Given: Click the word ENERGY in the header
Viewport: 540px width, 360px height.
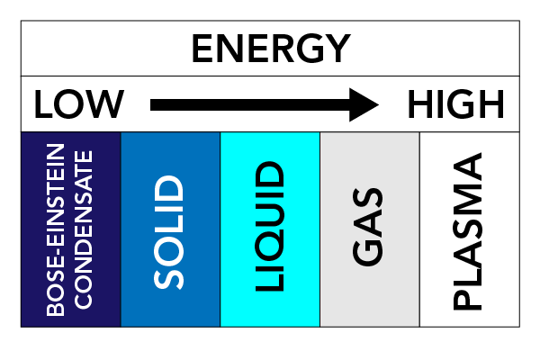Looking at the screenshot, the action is pyautogui.click(x=271, y=49).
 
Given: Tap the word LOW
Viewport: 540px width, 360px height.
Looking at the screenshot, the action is pyautogui.click(x=79, y=103).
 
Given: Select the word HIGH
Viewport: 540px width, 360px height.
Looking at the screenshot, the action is pyautogui.click(x=456, y=103).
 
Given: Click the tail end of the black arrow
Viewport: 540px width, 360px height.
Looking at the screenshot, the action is pyautogui.click(x=151, y=104).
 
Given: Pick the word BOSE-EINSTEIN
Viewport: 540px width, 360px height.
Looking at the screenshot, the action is pyautogui.click(x=56, y=229).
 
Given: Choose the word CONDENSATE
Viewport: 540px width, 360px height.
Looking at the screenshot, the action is pyautogui.click(x=84, y=229).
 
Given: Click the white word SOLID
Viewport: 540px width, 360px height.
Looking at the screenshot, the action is pyautogui.click(x=168, y=232).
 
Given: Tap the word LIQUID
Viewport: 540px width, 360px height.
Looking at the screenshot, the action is pyautogui.click(x=270, y=226).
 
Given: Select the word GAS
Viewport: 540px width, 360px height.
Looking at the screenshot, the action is pyautogui.click(x=368, y=227).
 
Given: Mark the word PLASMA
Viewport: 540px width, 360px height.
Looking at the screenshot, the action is pyautogui.click(x=467, y=231).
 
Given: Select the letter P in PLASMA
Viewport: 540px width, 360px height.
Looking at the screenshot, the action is pyautogui.click(x=467, y=301).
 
